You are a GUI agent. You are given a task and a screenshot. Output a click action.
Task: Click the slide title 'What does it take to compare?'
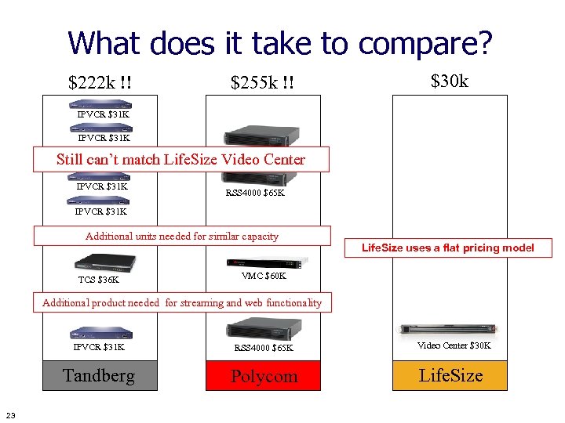[280, 43]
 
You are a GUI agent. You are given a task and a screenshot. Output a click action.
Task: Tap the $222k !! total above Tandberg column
[100, 82]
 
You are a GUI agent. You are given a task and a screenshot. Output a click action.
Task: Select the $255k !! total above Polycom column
[262, 82]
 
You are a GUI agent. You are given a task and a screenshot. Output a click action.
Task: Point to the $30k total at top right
[450, 80]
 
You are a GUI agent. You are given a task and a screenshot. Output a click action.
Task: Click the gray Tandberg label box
[99, 375]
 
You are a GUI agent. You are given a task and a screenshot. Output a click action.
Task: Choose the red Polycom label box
[264, 376]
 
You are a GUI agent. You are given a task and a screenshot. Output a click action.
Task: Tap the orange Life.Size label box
[450, 375]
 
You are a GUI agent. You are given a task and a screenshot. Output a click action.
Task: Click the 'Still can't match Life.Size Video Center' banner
[180, 160]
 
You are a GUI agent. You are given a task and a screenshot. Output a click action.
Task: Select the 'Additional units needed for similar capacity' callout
[182, 236]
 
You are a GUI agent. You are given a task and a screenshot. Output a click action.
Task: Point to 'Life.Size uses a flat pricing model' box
[447, 248]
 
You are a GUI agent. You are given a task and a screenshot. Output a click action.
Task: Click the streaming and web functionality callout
[182, 302]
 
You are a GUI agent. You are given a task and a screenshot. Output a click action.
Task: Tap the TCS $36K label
[99, 280]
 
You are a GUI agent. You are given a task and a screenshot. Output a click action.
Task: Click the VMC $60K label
[264, 276]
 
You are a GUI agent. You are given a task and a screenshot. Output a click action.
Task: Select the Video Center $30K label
[454, 345]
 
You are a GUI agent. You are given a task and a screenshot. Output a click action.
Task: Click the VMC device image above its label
[263, 262]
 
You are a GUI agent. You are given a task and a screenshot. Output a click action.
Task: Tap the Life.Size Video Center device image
[450, 329]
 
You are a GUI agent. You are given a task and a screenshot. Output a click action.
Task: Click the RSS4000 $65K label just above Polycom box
[264, 347]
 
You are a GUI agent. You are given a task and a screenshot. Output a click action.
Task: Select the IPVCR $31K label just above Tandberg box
[99, 346]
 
